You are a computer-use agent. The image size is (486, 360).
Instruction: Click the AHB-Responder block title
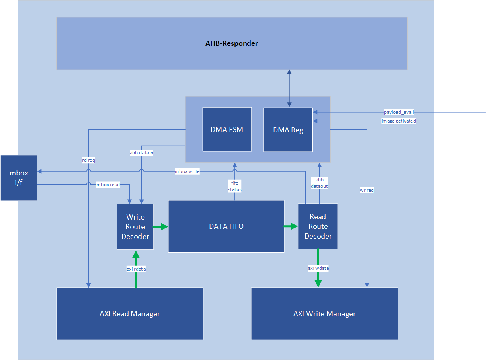pyautogui.click(x=232, y=43)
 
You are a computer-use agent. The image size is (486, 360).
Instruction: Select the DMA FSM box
pyautogui.click(x=227, y=130)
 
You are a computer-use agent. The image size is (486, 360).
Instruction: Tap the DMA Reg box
pyautogui.click(x=288, y=130)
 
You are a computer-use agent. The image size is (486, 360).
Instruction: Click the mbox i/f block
pyautogui.click(x=19, y=178)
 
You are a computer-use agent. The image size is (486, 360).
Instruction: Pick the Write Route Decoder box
pyautogui.click(x=135, y=226)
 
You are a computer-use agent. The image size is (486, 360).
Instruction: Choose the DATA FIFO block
pyautogui.click(x=226, y=226)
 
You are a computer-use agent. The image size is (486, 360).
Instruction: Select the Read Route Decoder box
pyautogui.click(x=318, y=226)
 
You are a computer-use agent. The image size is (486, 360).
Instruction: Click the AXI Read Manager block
pyautogui.click(x=130, y=314)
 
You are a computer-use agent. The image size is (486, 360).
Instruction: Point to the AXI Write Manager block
pyautogui.click(x=324, y=314)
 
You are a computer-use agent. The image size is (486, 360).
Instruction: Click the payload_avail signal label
pyautogui.click(x=399, y=112)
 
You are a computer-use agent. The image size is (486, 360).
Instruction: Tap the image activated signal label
pyautogui.click(x=399, y=121)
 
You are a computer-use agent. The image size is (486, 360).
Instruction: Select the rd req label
pyautogui.click(x=88, y=160)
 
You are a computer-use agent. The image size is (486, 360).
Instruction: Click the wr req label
pyautogui.click(x=367, y=190)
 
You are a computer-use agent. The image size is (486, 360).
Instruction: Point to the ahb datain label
pyautogui.click(x=141, y=153)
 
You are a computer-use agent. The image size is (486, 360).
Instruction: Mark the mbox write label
pyautogui.click(x=187, y=171)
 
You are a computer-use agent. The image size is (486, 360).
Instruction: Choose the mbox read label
pyautogui.click(x=108, y=185)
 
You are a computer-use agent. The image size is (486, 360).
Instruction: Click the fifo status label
pyautogui.click(x=235, y=186)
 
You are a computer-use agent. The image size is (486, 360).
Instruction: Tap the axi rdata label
pyautogui.click(x=136, y=269)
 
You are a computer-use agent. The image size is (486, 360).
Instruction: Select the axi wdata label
pyautogui.click(x=318, y=268)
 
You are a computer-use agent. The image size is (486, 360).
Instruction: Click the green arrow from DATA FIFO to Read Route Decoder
pyautogui.click(x=291, y=227)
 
